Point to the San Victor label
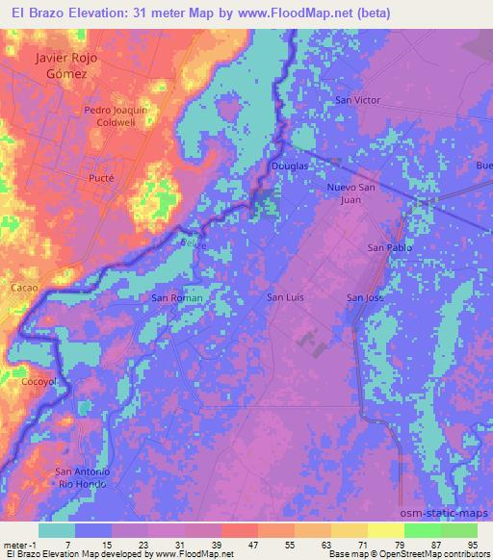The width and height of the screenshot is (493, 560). tap(357, 100)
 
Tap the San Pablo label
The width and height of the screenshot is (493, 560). tap(390, 248)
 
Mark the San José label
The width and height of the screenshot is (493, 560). tap(365, 298)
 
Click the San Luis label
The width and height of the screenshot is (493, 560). tap(285, 298)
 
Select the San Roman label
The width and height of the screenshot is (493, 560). tap(177, 298)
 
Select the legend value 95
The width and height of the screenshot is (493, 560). tap(474, 545)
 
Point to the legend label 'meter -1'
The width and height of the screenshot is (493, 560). tap(18, 545)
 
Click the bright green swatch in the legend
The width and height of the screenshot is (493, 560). tap(419, 530)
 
